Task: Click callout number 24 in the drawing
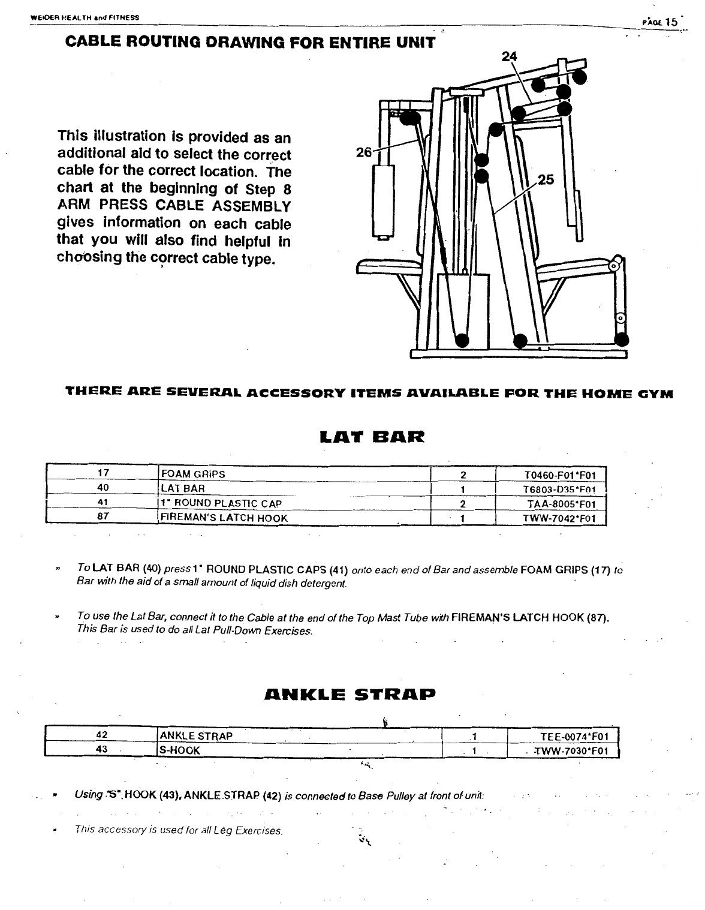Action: click(x=509, y=56)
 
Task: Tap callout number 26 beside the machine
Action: click(x=364, y=152)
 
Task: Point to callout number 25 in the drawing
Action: click(x=546, y=179)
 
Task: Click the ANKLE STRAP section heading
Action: click(x=349, y=695)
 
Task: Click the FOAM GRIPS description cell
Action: click(x=192, y=474)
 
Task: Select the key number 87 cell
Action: click(x=101, y=517)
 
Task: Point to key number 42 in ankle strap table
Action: click(x=101, y=735)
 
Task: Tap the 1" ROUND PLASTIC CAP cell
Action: click(x=220, y=503)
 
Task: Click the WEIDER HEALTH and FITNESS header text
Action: click(x=84, y=17)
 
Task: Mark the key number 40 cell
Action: click(x=101, y=488)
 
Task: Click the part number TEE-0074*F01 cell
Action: click(x=574, y=736)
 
